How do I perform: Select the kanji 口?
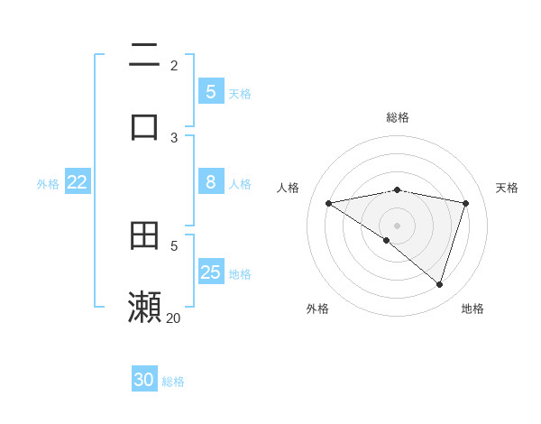pos(144,126)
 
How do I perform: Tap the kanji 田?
pos(144,235)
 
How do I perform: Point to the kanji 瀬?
pos(144,307)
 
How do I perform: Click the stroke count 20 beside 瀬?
pos(173,318)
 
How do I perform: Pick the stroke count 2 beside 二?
pos(174,66)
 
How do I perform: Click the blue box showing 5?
pos(210,92)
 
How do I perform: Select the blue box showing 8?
pos(210,182)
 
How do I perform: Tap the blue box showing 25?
pos(210,272)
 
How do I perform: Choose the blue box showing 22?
pos(78,182)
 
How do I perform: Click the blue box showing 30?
pos(144,380)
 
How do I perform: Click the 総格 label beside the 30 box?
pos(173,382)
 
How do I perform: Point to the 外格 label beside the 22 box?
pos(48,183)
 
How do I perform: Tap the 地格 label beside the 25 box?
pos(240,273)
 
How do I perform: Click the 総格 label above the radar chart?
pos(398,117)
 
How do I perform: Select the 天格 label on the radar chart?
pos(507,188)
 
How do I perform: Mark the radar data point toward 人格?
pos(329,203)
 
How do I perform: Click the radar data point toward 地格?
pos(439,284)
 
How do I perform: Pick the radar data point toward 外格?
pos(387,240)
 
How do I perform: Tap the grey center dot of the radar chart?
pos(398,226)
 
